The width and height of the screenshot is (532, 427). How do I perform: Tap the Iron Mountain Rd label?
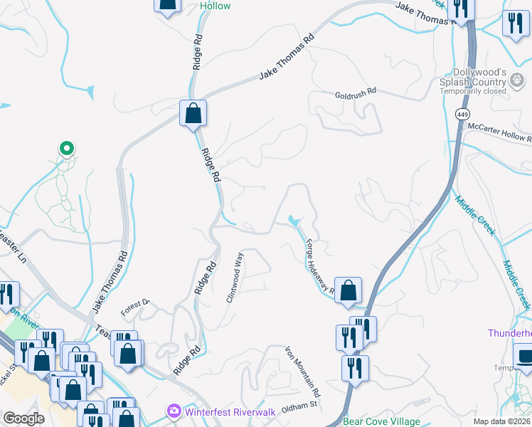pyautogui.click(x=303, y=371)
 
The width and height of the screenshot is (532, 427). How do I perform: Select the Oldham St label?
pyautogui.click(x=298, y=405)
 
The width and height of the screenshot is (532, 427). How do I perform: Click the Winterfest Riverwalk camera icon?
pyautogui.click(x=174, y=411)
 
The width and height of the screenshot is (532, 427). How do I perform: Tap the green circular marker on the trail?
pyautogui.click(x=66, y=148)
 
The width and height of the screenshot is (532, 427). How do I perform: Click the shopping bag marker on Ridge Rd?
pyautogui.click(x=193, y=112)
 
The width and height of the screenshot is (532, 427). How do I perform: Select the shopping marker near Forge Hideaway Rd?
pyautogui.click(x=348, y=290)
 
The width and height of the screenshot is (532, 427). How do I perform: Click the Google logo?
pyautogui.click(x=23, y=418)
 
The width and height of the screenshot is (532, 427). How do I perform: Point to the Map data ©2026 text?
pyautogui.click(x=501, y=421)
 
